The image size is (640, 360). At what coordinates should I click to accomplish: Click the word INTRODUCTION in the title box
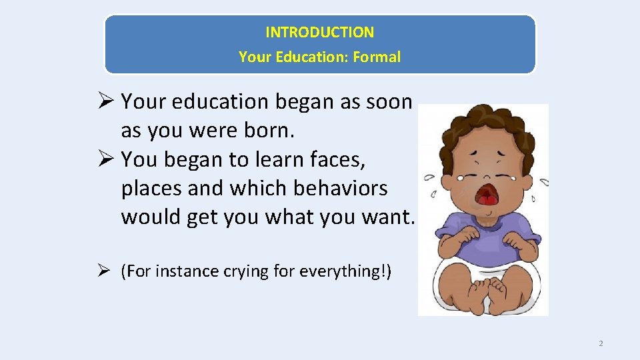click(319, 32)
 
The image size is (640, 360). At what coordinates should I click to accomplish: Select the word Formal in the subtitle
click(377, 57)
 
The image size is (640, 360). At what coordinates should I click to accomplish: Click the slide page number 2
click(601, 343)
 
